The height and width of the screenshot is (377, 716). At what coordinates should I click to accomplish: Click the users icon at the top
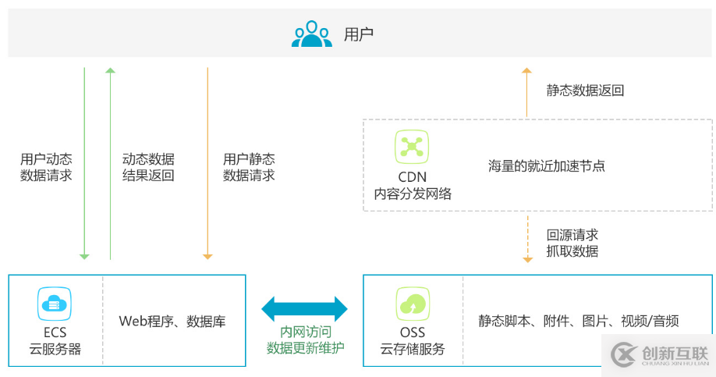pyautogui.click(x=311, y=34)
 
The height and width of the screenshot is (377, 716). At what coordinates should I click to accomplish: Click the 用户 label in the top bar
pyautogui.click(x=359, y=34)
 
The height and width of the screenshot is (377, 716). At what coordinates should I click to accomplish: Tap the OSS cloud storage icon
pyautogui.click(x=412, y=304)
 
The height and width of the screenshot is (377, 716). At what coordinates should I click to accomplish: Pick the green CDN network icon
pyautogui.click(x=412, y=148)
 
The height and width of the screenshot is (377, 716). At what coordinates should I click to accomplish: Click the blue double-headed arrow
pyautogui.click(x=305, y=308)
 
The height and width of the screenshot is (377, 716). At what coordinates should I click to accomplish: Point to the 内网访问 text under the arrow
pyautogui.click(x=305, y=333)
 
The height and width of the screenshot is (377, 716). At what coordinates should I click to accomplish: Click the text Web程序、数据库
pyautogui.click(x=172, y=321)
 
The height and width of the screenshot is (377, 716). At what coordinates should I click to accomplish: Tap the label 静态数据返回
pyautogui.click(x=586, y=91)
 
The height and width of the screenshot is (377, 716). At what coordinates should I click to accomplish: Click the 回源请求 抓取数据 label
pyautogui.click(x=572, y=243)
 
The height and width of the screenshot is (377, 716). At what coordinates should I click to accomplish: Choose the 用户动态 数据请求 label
pyautogui.click(x=46, y=167)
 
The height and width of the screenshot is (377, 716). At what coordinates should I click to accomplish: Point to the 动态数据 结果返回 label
pyautogui.click(x=148, y=167)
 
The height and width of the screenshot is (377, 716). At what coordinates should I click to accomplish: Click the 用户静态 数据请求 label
pyautogui.click(x=249, y=167)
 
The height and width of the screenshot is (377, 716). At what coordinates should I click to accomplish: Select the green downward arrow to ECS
pyautogui.click(x=84, y=164)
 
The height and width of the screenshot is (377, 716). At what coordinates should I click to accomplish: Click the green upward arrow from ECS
pyautogui.click(x=110, y=164)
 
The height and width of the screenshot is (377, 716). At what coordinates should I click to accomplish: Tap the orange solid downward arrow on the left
pyautogui.click(x=207, y=164)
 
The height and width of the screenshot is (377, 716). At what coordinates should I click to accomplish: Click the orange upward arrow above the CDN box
pyautogui.click(x=526, y=92)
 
